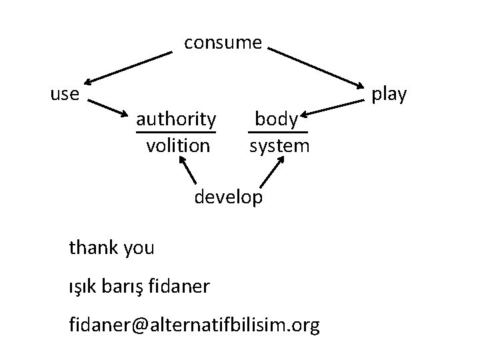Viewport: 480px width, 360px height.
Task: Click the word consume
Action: tap(223, 43)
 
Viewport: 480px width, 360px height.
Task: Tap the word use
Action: tap(65, 94)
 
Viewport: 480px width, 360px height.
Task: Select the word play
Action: tap(389, 94)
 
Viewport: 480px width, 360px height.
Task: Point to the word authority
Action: tap(176, 119)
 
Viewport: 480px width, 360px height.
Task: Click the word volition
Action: tap(178, 146)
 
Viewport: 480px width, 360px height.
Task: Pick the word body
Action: tap(277, 119)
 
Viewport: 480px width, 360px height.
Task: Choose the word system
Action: tap(279, 146)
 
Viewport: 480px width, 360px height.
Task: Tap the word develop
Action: tap(229, 197)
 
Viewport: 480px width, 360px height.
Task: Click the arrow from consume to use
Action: tap(128, 68)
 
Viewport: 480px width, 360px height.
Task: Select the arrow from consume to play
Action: tap(316, 68)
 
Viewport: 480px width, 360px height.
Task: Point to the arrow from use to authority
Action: tap(108, 108)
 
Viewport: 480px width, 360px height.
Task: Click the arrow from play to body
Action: tap(333, 108)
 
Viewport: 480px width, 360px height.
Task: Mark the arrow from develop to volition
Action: tap(187, 170)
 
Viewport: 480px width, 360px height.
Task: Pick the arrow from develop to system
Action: tap(272, 172)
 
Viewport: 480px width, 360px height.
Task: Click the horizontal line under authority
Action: tap(176, 132)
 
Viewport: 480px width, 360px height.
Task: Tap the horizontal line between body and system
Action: tap(278, 132)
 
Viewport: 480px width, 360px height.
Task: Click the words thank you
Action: tap(111, 248)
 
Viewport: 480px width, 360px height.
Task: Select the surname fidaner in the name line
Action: tap(179, 286)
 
